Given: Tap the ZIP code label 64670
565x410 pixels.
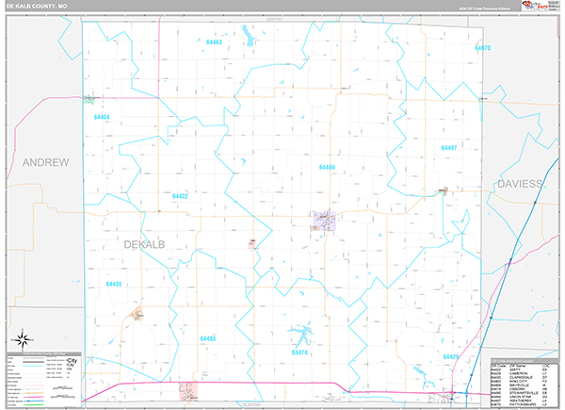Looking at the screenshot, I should point(482,47).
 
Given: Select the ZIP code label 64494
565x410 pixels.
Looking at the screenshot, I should point(102,117).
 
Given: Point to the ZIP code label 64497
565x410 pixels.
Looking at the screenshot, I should point(449,148).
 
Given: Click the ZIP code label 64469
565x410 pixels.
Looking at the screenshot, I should point(327,167).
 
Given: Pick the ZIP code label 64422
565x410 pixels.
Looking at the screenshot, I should point(180,196).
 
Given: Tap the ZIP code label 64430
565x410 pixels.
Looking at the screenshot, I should point(114,283).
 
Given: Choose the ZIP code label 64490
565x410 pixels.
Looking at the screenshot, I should point(208,337).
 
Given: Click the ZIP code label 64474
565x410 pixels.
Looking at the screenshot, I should point(300,352).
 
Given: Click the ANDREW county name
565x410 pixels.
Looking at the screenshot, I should point(46,162).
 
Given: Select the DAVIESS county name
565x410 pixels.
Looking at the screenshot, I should point(522,183).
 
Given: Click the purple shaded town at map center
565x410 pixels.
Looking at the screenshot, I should point(325,221).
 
